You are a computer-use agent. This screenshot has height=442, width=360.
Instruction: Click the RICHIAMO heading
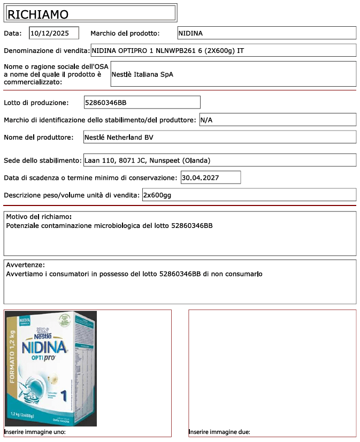[x=37, y=14]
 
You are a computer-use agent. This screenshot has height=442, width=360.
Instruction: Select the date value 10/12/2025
[x=50, y=33]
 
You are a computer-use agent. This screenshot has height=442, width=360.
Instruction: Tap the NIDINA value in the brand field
[x=190, y=33]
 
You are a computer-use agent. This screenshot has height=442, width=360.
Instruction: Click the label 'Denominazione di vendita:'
[x=47, y=51]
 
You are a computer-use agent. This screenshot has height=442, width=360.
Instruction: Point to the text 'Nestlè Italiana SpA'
[x=142, y=74]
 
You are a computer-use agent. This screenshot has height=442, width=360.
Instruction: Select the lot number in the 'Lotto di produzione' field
[x=105, y=102]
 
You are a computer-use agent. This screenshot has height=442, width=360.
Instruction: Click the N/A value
[x=206, y=120]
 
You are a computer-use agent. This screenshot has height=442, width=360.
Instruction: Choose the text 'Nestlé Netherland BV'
[x=119, y=138]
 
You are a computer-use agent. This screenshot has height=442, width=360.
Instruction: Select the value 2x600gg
[x=157, y=195]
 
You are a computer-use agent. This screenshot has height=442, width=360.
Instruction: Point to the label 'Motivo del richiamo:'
[x=39, y=217]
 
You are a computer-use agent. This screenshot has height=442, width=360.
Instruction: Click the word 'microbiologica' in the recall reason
[x=117, y=226]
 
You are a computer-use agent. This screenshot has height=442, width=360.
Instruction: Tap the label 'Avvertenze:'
[x=25, y=265]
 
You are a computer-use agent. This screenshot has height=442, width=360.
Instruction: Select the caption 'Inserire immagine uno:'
[x=35, y=432]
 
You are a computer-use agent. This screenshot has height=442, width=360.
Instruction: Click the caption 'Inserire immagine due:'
[x=219, y=432]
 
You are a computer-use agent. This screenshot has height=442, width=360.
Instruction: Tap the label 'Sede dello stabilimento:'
[x=43, y=161]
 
